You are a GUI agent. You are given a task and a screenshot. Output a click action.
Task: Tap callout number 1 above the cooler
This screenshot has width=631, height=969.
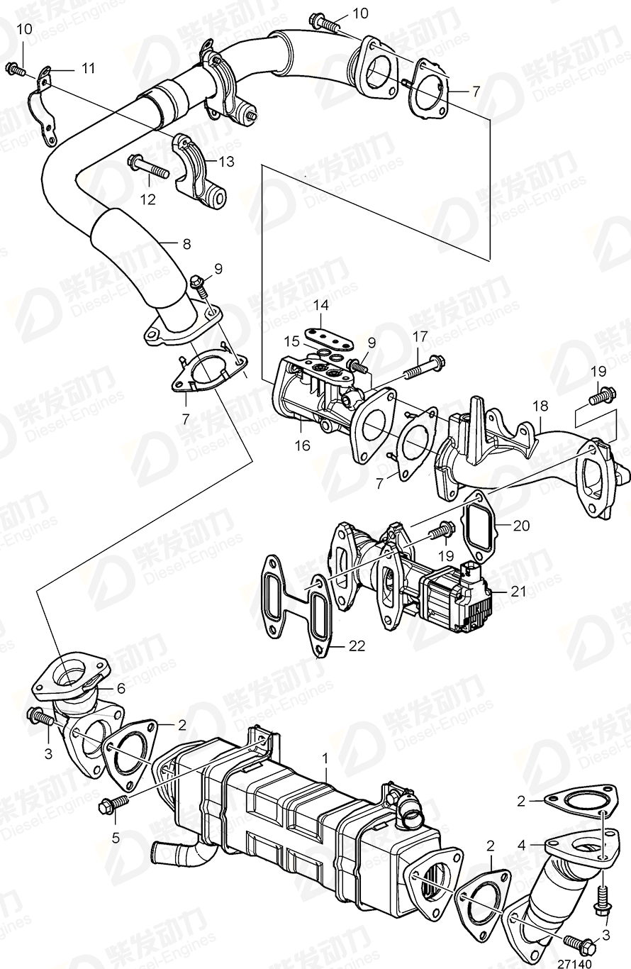coord(326,758)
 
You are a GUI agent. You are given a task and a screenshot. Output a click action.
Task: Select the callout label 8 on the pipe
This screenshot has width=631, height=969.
coord(186,244)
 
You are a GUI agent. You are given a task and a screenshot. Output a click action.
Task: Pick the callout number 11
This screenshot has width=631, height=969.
coord(87,68)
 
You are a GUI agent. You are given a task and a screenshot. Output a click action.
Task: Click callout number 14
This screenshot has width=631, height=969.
coord(321,306)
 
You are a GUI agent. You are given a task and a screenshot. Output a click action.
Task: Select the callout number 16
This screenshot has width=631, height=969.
coord(303,445)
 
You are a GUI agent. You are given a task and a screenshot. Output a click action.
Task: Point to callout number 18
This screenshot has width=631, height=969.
coord(541,406)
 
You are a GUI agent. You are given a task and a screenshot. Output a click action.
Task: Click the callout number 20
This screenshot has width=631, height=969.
coord(521,526)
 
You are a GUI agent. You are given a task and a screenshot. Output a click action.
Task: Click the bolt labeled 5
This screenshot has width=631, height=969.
coord(112,804)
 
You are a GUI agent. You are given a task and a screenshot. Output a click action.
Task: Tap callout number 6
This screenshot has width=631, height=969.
coord(121,687)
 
